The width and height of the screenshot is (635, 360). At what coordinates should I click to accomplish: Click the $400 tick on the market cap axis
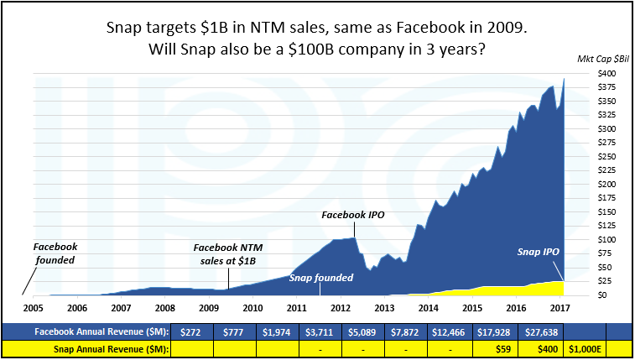click(586, 74)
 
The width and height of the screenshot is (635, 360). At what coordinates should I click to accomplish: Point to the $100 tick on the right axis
click(586, 239)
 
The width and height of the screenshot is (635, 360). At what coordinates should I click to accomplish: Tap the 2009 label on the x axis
click(208, 308)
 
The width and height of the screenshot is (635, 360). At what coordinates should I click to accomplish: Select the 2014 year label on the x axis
click(428, 308)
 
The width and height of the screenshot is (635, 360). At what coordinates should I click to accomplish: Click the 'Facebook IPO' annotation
click(353, 215)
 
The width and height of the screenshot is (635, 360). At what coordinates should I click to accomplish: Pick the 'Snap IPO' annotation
click(539, 251)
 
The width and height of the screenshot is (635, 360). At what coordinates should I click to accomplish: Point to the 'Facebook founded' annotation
click(55, 253)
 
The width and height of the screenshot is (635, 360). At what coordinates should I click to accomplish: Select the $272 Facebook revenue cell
click(192, 331)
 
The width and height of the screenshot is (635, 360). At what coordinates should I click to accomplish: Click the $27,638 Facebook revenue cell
click(541, 331)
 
